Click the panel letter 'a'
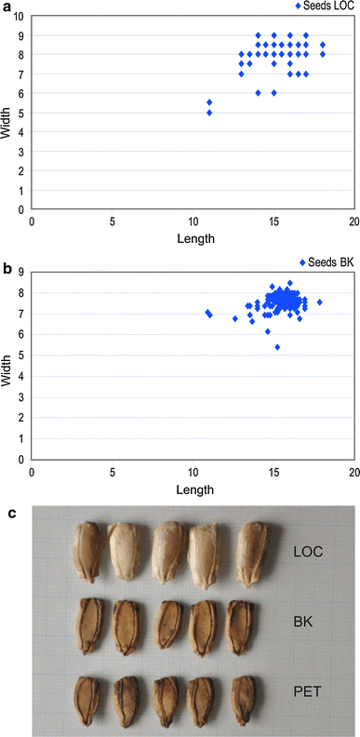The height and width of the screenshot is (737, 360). [x=7, y=7]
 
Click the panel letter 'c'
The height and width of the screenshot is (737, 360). [x=7, y=511]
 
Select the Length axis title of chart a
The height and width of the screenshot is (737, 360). [x=193, y=238]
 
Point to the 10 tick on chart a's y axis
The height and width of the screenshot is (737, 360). [x=22, y=17]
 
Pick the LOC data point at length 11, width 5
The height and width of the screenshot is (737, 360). [x=209, y=113]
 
